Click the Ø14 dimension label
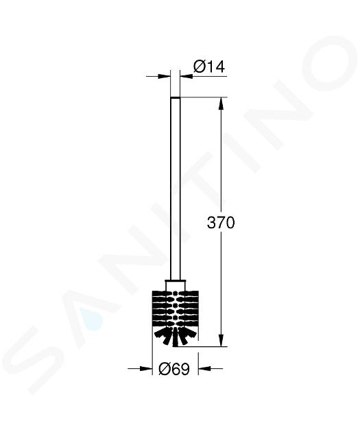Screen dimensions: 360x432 pos(209,67)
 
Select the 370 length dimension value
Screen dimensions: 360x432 pos(221,222)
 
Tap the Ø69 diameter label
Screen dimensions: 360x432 pos(174,369)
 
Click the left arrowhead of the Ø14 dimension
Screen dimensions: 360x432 pos(163,76)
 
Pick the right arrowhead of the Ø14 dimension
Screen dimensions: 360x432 pos(187,76)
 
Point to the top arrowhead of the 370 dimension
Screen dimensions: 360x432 pos(221,104)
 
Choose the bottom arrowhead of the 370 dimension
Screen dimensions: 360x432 pos(221,340)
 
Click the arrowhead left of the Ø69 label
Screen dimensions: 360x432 pos(146,368)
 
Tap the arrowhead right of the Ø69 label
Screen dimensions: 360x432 pos(204,368)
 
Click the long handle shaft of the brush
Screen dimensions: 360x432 pos(175,189)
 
